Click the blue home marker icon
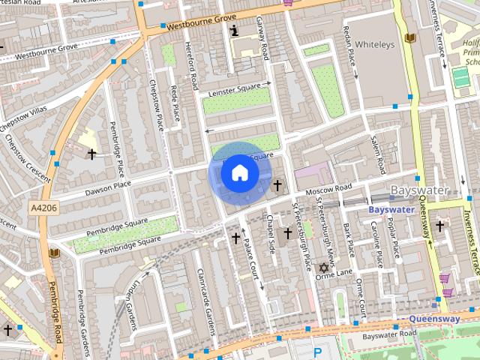coord(239,173)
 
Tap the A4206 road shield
coord(43,206)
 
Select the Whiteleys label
coord(374,45)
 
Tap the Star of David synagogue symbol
coord(324,268)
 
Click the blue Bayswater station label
coord(391,210)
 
